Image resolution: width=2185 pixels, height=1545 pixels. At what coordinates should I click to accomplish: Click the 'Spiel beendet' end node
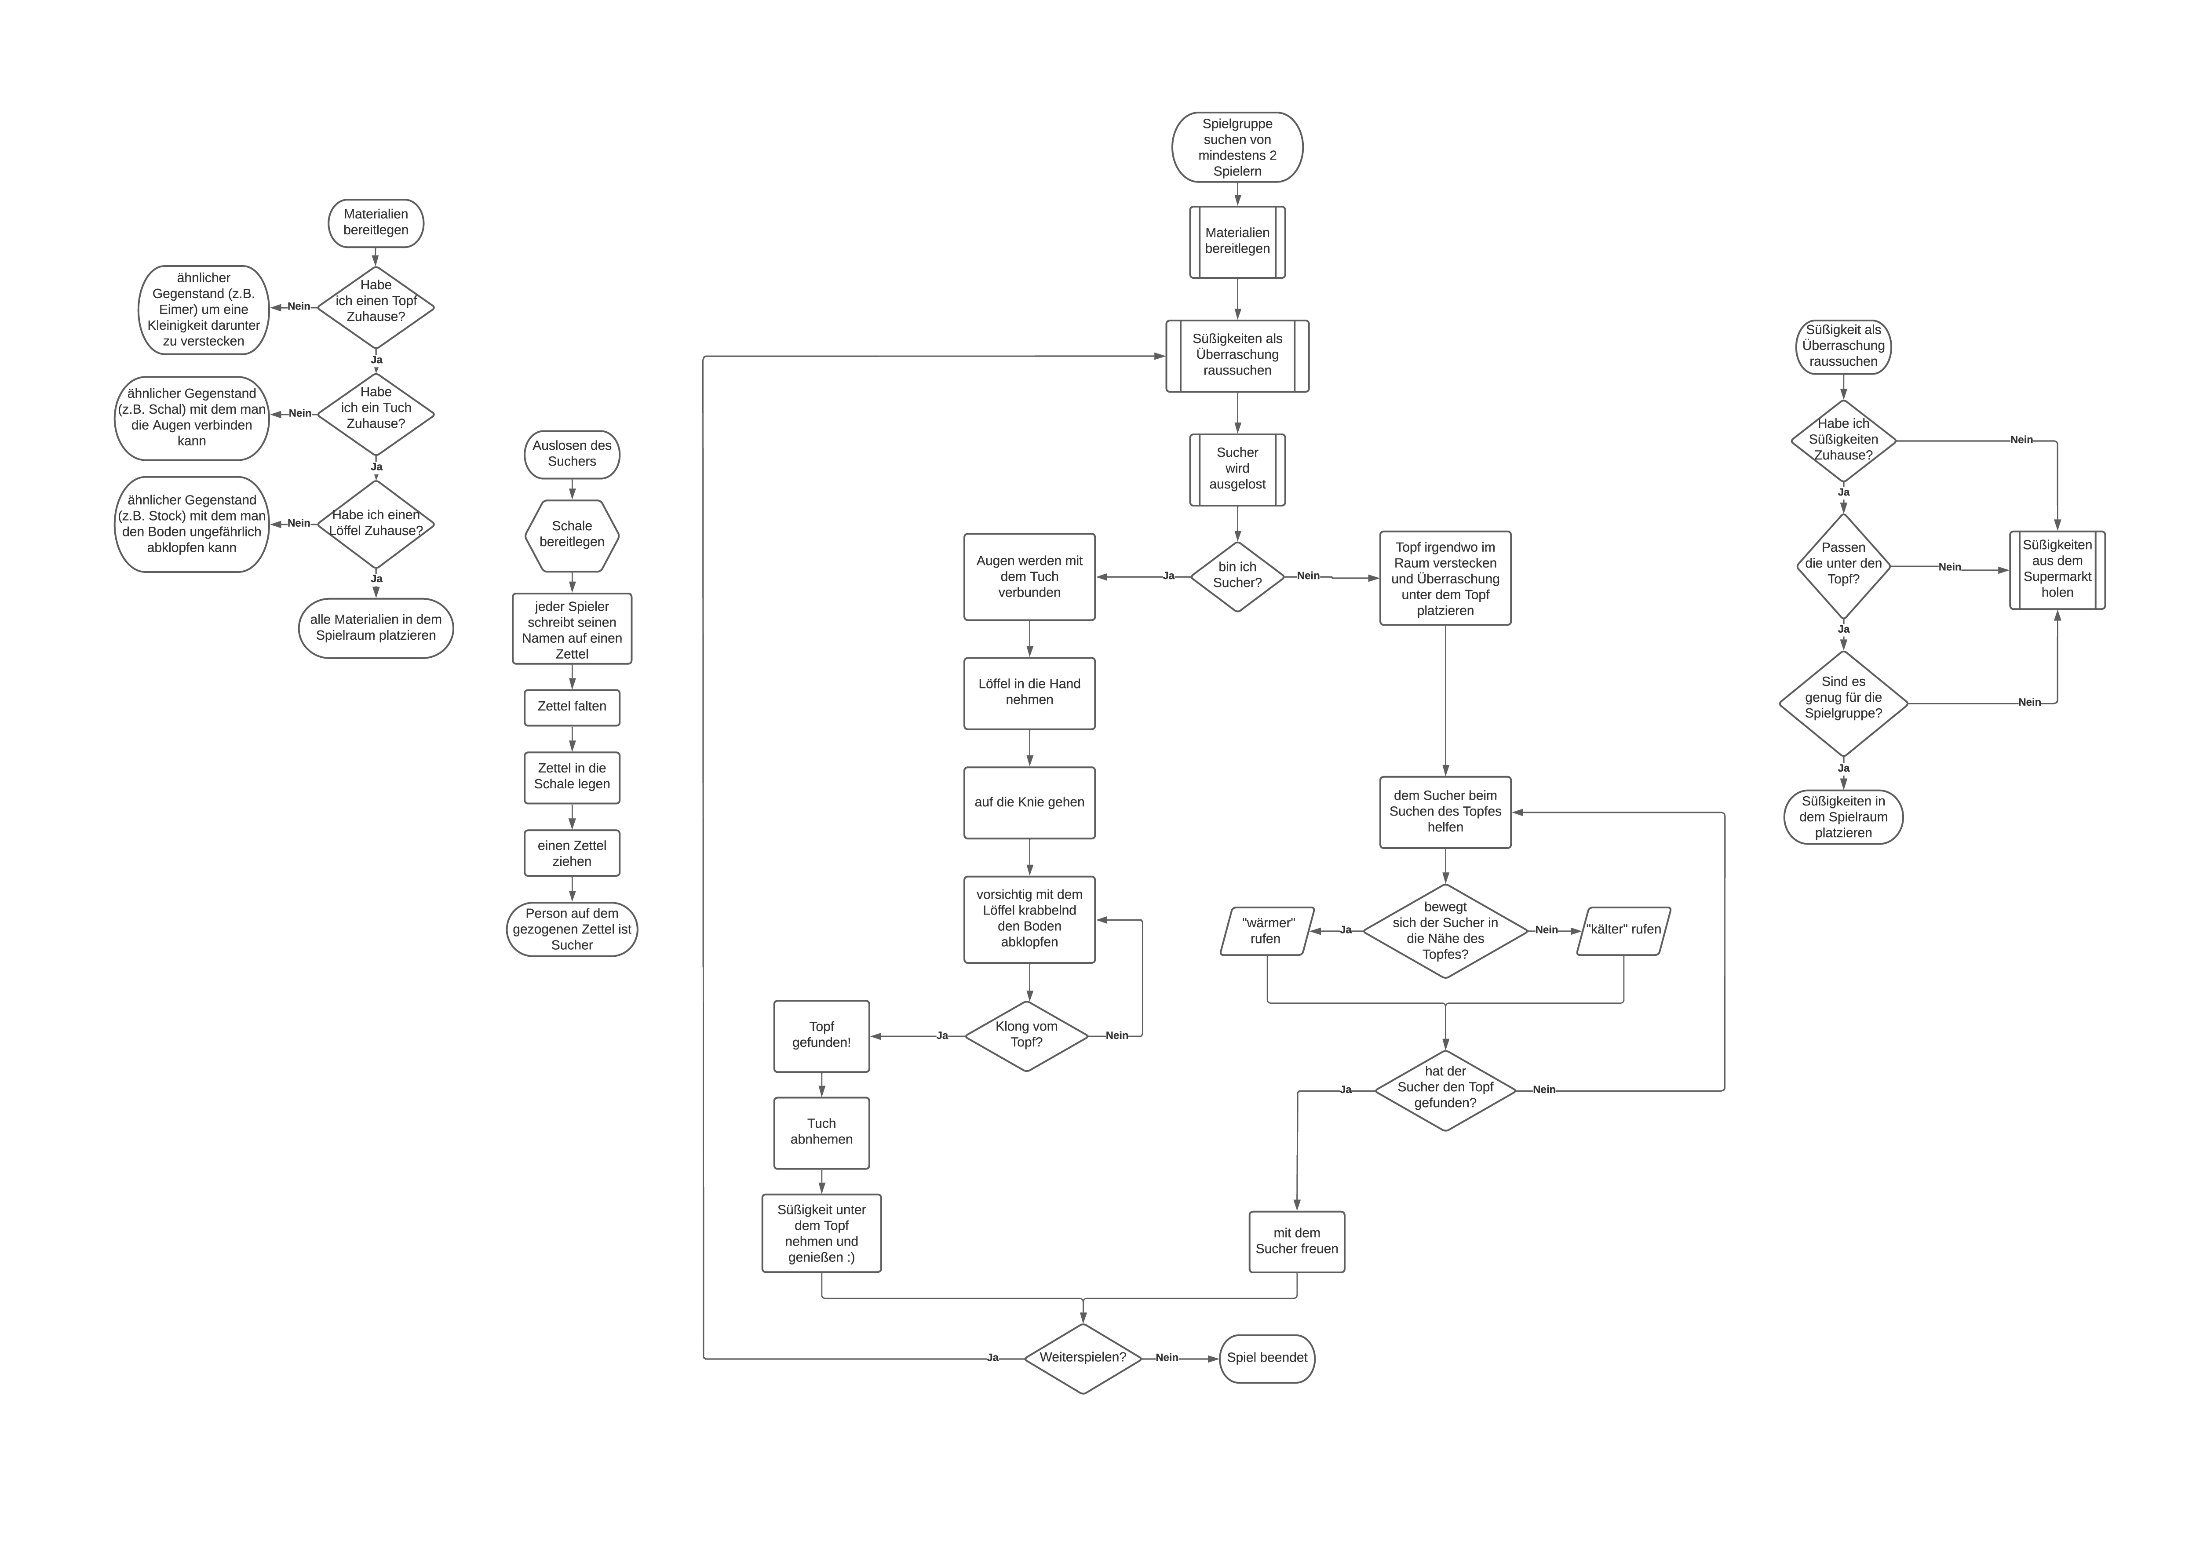point(1267,1358)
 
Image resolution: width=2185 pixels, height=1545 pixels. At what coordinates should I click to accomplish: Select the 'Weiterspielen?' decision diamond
point(1083,1358)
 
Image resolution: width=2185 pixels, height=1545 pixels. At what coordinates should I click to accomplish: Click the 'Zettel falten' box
point(572,707)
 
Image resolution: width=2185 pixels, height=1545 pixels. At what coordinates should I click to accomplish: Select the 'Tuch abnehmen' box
point(821,1132)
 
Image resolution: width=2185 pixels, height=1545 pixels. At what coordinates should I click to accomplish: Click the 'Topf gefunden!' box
point(821,1035)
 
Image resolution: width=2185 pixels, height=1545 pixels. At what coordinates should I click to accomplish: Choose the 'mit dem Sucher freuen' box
point(1296,1242)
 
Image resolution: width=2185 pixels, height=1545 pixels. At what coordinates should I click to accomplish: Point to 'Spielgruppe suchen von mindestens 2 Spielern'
point(1237,147)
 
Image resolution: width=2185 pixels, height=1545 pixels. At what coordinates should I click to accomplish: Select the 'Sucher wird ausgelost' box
point(1237,469)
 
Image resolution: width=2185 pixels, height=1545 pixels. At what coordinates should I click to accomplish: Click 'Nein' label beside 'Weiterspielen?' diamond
point(1167,1358)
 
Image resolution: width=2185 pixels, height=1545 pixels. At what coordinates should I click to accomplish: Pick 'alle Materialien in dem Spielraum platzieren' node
point(376,628)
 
